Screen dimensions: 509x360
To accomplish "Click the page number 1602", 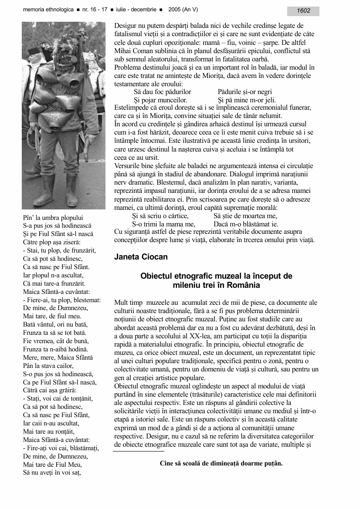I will [303, 11].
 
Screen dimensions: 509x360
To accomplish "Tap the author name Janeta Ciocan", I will [140, 257].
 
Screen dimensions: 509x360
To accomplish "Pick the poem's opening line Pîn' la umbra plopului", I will [53, 217].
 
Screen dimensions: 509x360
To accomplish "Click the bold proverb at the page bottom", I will [221, 463].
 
